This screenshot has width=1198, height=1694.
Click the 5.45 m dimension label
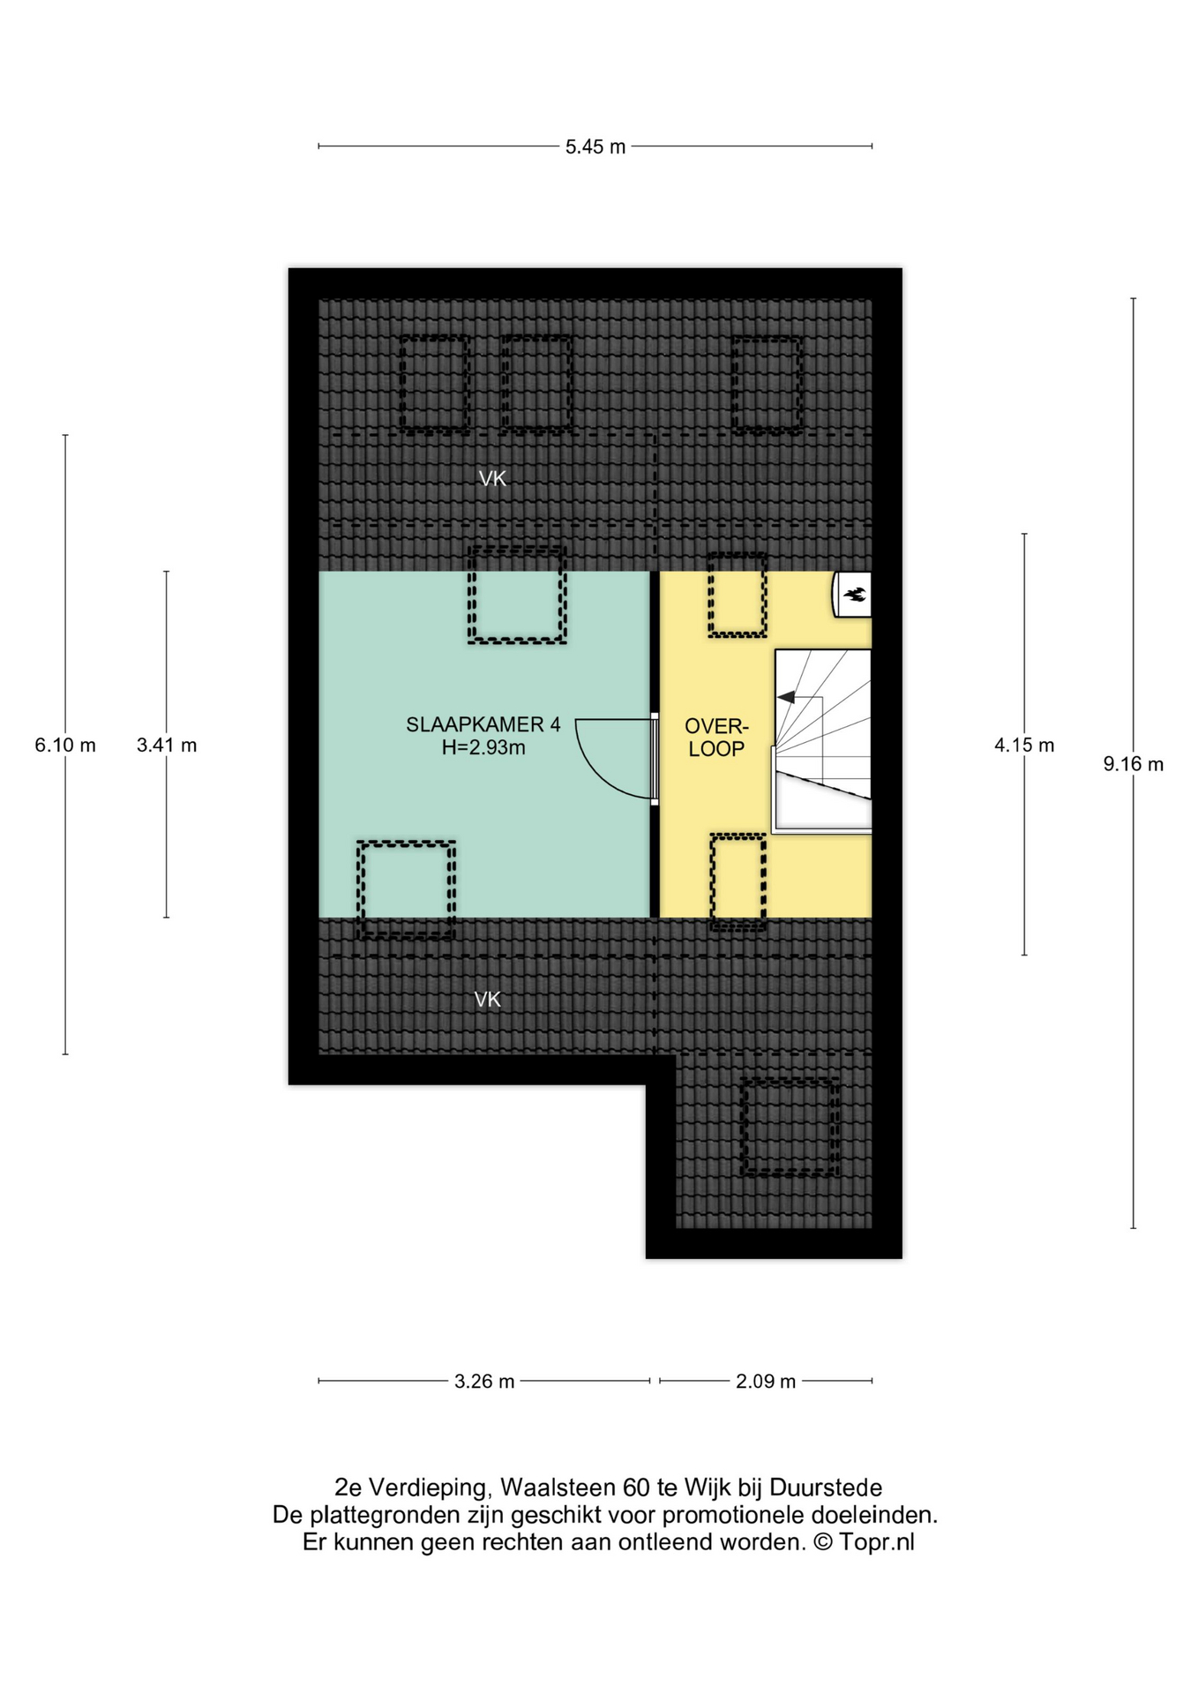(x=595, y=146)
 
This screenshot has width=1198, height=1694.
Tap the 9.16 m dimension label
(x=1133, y=764)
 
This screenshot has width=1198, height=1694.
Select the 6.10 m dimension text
(x=65, y=745)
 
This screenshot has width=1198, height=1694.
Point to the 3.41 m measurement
(x=167, y=745)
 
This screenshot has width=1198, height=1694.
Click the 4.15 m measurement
(x=1024, y=745)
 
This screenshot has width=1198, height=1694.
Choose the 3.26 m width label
(x=484, y=1381)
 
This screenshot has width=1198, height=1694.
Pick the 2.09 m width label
(x=766, y=1381)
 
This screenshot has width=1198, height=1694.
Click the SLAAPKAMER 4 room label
(x=483, y=724)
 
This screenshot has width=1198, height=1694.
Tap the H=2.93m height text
(x=483, y=747)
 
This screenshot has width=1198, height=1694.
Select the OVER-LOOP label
(x=716, y=738)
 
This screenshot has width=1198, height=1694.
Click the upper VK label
(x=492, y=478)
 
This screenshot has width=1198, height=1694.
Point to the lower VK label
(x=488, y=999)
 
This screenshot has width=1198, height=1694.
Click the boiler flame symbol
(x=854, y=595)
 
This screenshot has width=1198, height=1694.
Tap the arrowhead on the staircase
(x=785, y=697)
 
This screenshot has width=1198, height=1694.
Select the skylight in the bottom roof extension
(x=790, y=1127)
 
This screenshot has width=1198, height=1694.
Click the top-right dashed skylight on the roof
(x=766, y=385)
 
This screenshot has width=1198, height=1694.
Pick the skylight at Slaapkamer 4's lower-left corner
(x=407, y=889)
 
